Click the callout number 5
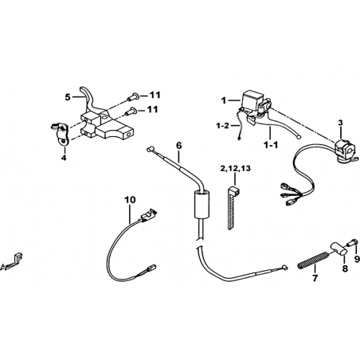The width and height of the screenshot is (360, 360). (68, 97)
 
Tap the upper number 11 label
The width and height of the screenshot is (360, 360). (155, 95)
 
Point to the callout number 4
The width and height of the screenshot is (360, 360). (64, 158)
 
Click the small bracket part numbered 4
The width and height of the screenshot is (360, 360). (61, 133)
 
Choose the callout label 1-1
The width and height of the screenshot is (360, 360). (271, 145)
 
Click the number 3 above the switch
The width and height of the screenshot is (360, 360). (340, 123)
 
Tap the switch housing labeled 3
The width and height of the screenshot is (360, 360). (344, 151)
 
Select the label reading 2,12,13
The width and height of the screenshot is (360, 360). (235, 169)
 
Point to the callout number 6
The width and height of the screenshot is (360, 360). (179, 145)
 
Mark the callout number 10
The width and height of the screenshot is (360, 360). (130, 200)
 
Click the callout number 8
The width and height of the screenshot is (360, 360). (345, 268)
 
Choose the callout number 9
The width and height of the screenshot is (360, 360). (357, 259)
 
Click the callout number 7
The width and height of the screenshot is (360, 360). (315, 278)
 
